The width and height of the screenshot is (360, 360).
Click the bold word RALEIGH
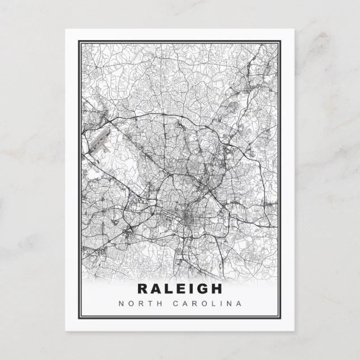tap(179, 289)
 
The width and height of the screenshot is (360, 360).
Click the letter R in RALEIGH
tap(143, 289)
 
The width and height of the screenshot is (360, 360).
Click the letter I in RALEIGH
tap(190, 289)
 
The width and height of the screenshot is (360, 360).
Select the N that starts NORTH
tap(121, 304)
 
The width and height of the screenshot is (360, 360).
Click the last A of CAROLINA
tap(239, 304)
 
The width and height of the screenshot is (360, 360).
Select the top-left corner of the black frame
tap(79, 41)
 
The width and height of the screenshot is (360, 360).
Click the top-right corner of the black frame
tap(281, 41)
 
